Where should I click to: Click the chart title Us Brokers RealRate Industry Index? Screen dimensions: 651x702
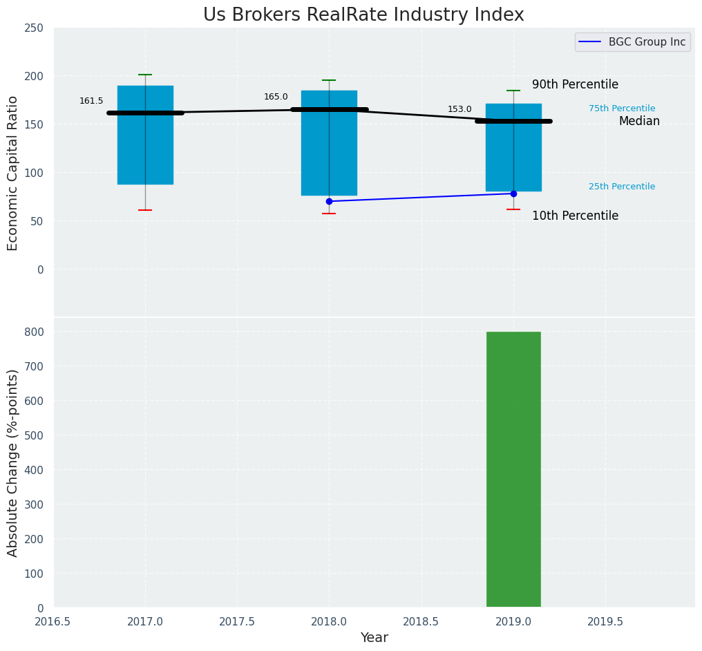[363, 15]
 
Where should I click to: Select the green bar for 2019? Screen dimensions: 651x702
[513, 469]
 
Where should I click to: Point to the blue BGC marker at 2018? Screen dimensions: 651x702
[329, 201]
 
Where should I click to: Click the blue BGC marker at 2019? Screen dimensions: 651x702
[513, 194]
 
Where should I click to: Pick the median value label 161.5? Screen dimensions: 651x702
[91, 101]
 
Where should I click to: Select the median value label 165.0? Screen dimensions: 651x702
[276, 97]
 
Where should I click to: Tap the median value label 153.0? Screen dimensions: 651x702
[459, 109]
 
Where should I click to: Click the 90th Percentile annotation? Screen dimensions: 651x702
[575, 84]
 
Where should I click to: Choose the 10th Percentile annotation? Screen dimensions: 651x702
[575, 216]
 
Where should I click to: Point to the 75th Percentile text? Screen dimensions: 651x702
[622, 108]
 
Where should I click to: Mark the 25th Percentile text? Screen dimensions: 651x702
[622, 187]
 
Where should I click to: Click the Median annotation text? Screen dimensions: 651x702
[639, 121]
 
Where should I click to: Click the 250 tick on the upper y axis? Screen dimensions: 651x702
[34, 28]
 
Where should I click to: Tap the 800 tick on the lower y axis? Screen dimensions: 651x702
[34, 332]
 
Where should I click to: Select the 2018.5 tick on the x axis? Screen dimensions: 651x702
[421, 621]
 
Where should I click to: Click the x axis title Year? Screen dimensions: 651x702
[374, 638]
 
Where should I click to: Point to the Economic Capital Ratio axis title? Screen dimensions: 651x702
[13, 173]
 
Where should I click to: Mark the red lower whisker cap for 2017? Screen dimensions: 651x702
[145, 210]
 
